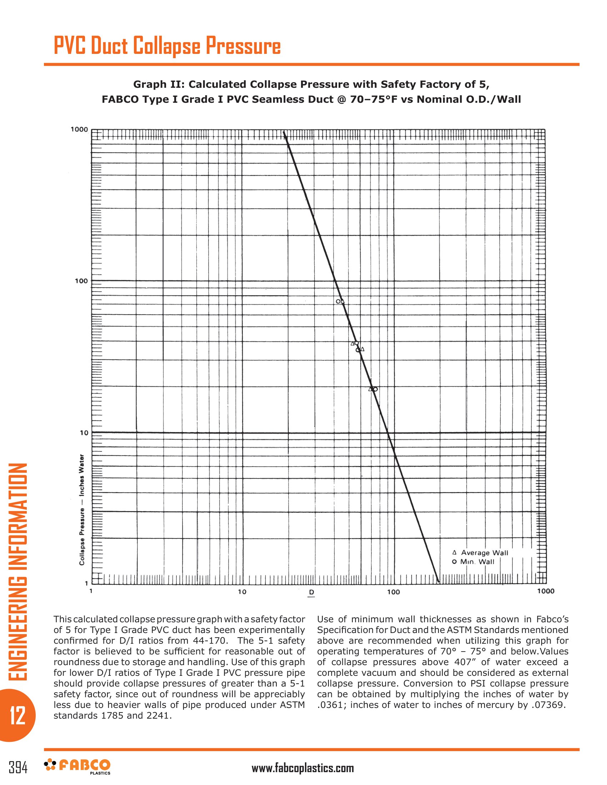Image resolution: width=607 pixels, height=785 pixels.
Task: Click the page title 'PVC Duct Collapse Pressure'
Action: coord(167,46)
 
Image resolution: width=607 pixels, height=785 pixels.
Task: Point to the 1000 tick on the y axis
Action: coord(79,130)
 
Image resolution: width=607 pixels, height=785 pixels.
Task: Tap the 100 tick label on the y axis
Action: coord(81,281)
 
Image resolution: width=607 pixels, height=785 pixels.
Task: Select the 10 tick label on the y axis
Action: coord(84,433)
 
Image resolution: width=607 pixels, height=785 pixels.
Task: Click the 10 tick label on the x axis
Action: coord(242,592)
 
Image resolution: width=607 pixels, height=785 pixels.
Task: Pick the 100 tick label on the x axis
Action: coord(393,592)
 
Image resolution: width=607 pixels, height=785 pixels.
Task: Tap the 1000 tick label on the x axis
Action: coord(546,591)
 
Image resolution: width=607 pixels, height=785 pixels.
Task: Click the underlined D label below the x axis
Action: coord(311,592)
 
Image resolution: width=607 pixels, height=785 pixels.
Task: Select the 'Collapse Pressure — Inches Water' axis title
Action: coord(82,509)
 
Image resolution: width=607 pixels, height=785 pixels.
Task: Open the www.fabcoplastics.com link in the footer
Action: coord(302,768)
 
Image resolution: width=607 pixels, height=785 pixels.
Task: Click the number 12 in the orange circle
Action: coord(17,715)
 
